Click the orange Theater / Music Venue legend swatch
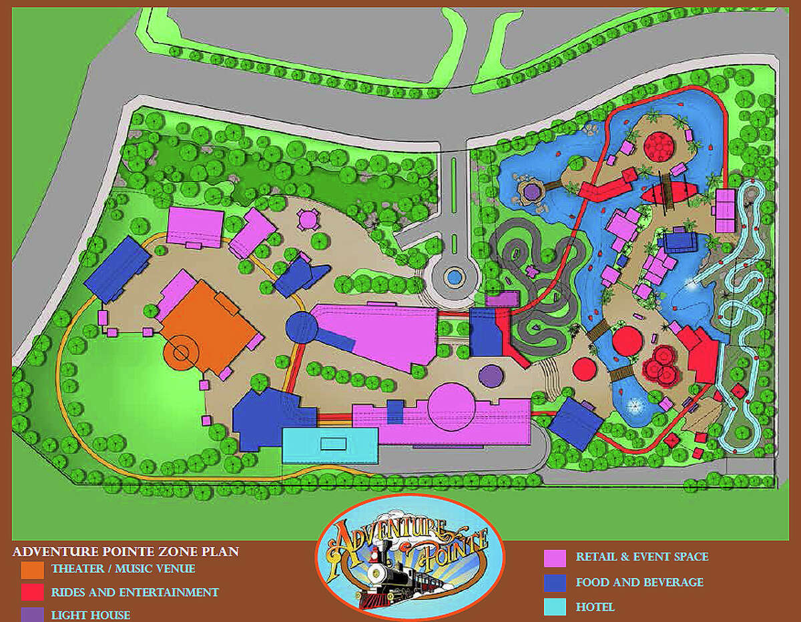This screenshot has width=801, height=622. click(x=32, y=569)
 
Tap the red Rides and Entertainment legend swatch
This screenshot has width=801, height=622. click(x=32, y=592)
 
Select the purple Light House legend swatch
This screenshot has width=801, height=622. click(x=32, y=614)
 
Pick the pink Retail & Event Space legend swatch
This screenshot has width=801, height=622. click(x=555, y=557)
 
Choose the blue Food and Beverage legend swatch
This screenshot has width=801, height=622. click(x=555, y=583)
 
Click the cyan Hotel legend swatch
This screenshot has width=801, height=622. click(x=555, y=607)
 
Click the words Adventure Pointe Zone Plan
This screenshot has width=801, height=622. click(x=125, y=552)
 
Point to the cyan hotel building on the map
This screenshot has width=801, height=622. click(x=330, y=445)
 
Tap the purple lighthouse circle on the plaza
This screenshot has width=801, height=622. click(x=491, y=374)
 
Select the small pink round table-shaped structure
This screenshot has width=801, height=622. click(x=308, y=218)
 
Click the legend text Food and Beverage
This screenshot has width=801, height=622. click(x=639, y=583)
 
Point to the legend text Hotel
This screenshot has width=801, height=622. click(x=595, y=607)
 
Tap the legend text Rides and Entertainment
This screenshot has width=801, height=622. click(x=135, y=592)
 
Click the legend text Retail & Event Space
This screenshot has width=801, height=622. click(x=642, y=557)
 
